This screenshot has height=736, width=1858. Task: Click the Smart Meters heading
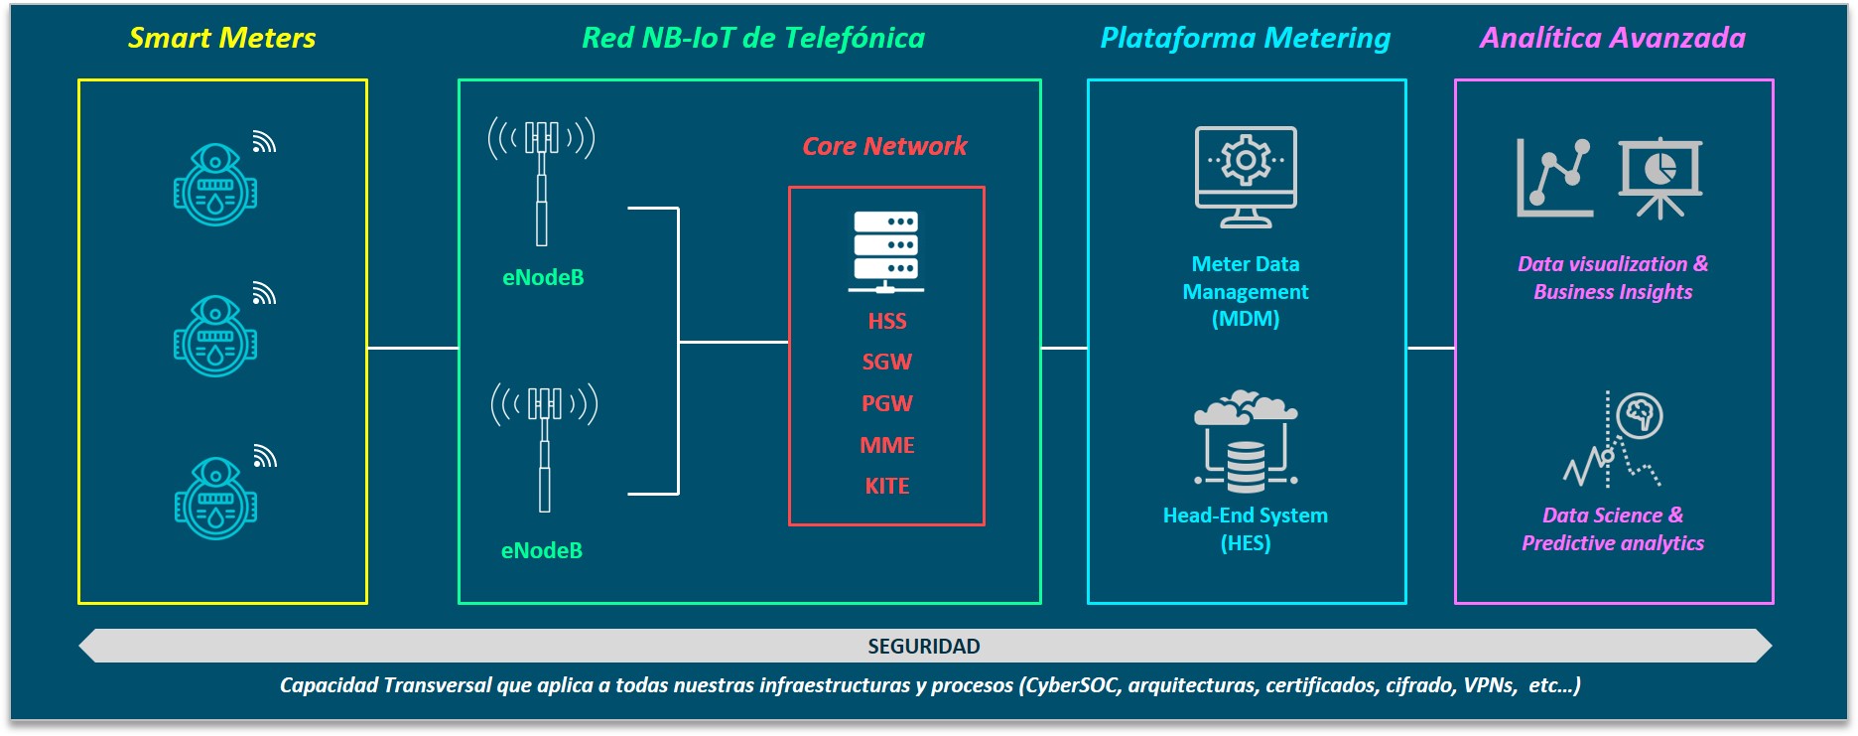pos(222,38)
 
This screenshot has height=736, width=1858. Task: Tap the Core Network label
pos(884,146)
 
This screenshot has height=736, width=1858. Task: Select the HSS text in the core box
pos(887,321)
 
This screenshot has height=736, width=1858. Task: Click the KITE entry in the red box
pos(887,486)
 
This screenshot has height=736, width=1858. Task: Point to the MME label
pos(887,445)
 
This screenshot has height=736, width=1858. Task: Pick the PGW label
pos(887,403)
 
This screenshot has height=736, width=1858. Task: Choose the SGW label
pos(887,362)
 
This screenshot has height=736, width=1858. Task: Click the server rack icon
pos(886,252)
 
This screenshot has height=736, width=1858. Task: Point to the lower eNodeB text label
pos(542,550)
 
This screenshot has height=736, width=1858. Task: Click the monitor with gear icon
pos(1246,177)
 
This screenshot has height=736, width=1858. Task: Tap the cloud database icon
pos(1246,442)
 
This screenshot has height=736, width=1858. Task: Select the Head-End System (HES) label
pos(1246,528)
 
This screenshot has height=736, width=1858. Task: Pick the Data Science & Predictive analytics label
pos(1613,528)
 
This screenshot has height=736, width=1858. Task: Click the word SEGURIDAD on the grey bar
pos(924,647)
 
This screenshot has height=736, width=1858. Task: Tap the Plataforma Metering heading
pos(1246,38)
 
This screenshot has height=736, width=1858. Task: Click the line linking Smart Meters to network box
pos(413,348)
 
